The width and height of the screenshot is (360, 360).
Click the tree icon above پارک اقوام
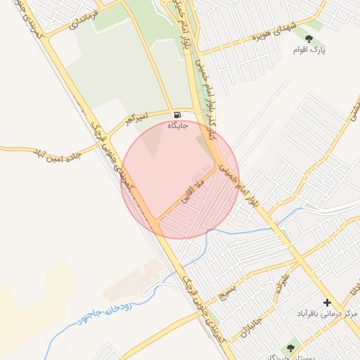coord(309,39)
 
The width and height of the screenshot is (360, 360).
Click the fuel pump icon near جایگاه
coord(176,115)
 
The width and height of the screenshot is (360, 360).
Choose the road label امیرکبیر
coord(139,117)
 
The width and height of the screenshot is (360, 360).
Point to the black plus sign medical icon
coord(327,302)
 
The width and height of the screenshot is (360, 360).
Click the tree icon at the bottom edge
coord(290,346)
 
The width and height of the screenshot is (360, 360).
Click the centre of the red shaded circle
coord(181,180)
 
